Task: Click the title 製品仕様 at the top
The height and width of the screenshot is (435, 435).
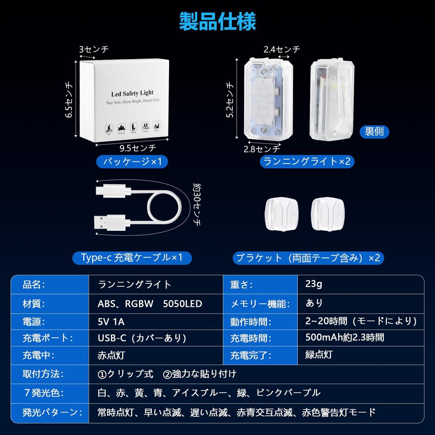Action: coord(217,21)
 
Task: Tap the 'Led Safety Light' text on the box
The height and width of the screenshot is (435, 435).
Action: coord(132,93)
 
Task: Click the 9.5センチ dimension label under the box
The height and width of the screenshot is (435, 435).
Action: coord(138,148)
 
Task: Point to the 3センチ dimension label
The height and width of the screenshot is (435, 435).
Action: coord(94,49)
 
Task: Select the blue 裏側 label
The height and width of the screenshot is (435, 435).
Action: coord(374,131)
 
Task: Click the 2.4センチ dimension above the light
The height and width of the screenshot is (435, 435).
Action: coord(282,49)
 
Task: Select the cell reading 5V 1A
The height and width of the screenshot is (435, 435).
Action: coord(111,322)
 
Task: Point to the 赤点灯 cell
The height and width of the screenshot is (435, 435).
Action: coord(111,355)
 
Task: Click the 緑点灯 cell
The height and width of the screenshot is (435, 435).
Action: coord(319,355)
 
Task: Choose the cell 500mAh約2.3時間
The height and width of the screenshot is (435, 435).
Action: coord(345,338)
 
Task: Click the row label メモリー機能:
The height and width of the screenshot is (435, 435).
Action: coord(260,304)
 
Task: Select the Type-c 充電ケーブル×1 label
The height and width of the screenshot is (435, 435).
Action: coord(132,258)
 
